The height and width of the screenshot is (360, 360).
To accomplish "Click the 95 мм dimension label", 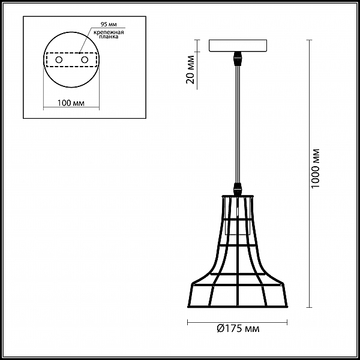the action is click(109, 25).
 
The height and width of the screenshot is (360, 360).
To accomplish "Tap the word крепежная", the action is click(109, 32).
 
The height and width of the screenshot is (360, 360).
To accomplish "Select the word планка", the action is click(109, 37).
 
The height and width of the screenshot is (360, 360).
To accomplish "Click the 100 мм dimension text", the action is click(71, 103).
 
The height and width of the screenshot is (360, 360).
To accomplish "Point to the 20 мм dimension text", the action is click(191, 70).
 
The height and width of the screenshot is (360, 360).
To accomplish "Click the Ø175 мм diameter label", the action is click(238, 329).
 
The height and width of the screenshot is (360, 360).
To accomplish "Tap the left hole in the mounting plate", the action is click(59, 60).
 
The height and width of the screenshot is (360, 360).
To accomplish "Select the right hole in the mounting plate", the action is click(85, 60).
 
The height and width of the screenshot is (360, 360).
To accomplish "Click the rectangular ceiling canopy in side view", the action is click(238, 45).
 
